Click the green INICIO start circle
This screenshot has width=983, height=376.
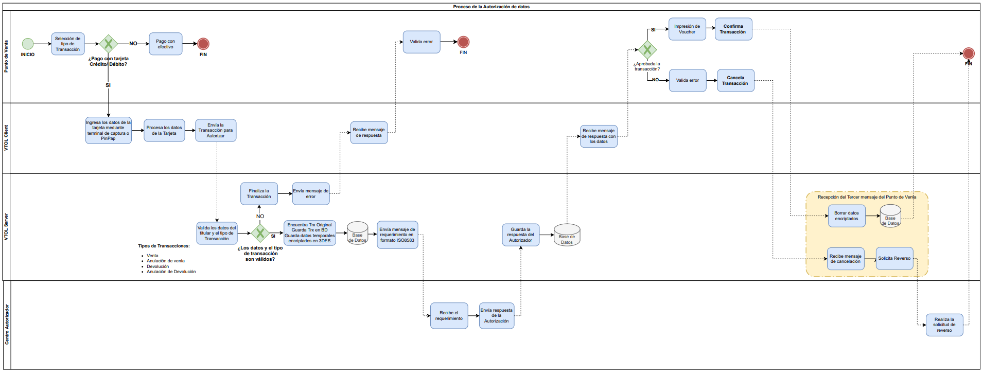click(28, 44)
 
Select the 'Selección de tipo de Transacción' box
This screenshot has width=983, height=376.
click(68, 44)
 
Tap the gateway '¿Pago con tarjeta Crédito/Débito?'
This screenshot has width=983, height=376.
click(108, 44)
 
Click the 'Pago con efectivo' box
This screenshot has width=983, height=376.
click(165, 44)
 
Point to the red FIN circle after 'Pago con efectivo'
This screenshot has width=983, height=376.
click(203, 44)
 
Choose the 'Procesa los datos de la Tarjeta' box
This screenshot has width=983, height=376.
click(164, 131)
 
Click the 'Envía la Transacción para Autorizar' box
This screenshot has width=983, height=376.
click(216, 131)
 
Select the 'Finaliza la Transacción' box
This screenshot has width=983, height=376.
click(259, 194)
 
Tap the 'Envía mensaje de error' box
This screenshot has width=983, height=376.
click(311, 194)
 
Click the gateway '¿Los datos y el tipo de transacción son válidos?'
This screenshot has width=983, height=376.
click(260, 234)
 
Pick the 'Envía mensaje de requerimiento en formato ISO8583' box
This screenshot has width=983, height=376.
click(397, 235)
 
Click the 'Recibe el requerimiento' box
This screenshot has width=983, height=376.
click(449, 316)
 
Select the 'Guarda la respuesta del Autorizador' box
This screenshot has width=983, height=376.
click(521, 235)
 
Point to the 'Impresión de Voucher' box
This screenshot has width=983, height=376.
click(687, 29)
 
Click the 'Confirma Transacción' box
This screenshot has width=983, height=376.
click(733, 29)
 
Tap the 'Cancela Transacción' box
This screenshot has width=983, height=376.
click(735, 81)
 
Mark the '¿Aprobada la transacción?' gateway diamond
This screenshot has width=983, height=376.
click(647, 50)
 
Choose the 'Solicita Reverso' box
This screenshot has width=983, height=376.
click(894, 259)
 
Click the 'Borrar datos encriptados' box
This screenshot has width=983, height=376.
click(847, 216)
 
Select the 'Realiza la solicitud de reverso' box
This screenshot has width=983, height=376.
click(944, 325)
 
